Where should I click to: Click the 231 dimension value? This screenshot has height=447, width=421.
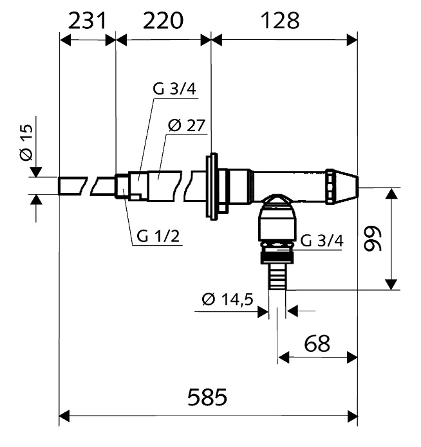[87, 21]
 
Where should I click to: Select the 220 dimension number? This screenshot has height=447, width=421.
[163, 21]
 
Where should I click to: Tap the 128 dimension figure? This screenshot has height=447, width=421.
[280, 21]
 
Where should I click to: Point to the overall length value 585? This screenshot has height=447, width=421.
[207, 397]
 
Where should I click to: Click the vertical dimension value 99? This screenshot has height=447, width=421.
[373, 239]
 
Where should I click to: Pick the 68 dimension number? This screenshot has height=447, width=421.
[317, 343]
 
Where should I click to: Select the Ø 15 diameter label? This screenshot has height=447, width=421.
[26, 143]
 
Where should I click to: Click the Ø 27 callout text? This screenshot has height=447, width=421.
[187, 125]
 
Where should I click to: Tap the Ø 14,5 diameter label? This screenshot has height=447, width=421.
[227, 300]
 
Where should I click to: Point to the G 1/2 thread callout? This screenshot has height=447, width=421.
[158, 236]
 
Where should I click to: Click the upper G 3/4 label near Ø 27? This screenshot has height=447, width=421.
[174, 89]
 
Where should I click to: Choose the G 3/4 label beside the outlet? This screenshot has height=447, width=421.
[322, 241]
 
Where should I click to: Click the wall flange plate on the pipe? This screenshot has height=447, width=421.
[213, 187]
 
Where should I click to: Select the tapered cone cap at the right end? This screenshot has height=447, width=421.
[342, 187]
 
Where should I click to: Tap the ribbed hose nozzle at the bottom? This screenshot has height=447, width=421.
[277, 277]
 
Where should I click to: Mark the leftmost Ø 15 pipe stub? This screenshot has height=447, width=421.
[73, 186]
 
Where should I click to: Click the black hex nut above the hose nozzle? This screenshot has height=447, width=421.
[277, 257]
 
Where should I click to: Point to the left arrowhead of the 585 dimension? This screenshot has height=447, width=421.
[64, 416]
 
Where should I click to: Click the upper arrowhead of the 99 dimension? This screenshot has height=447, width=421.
[391, 194]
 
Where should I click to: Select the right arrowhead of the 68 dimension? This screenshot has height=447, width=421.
[352, 357]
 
